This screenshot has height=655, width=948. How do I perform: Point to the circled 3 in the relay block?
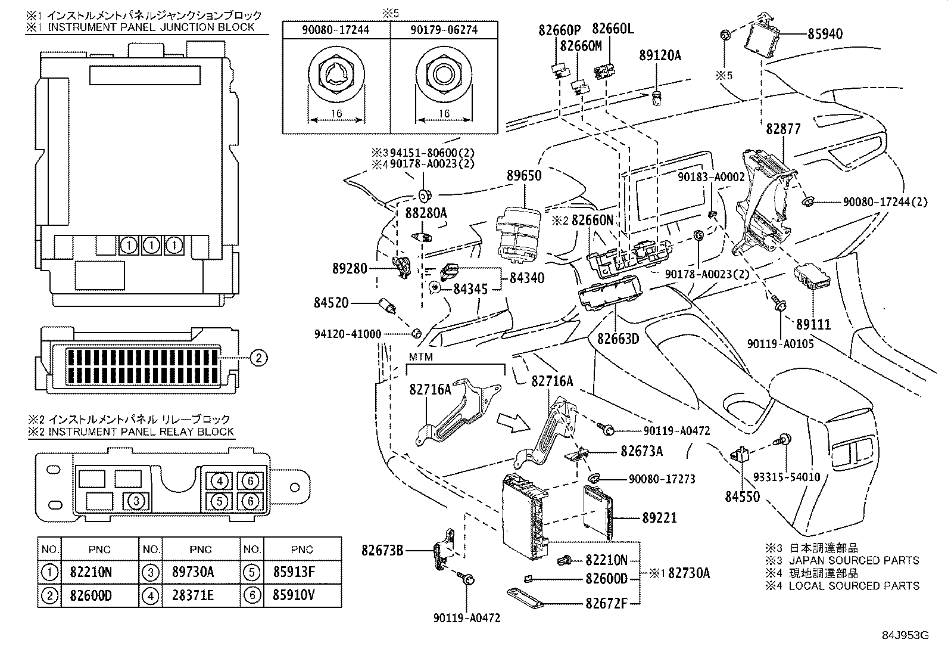[x=136, y=501]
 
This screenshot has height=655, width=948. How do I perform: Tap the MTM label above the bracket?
[x=420, y=357]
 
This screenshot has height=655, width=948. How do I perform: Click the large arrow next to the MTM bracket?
[x=513, y=421]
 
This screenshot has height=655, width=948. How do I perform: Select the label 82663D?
[x=618, y=339]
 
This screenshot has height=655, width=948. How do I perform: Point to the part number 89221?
[x=659, y=518]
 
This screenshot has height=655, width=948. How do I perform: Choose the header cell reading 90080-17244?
[x=335, y=29]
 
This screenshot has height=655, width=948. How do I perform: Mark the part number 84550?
[x=743, y=496]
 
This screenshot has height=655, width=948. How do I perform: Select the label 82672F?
[x=606, y=603]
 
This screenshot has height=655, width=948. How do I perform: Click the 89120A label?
[x=660, y=55]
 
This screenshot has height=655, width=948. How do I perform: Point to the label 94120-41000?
[x=348, y=334]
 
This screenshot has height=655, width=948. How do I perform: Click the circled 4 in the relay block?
[x=220, y=481]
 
